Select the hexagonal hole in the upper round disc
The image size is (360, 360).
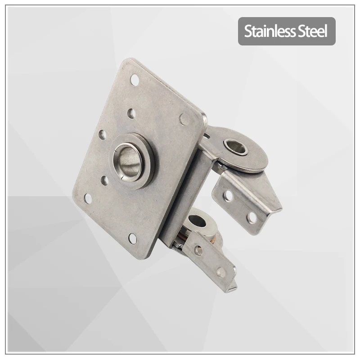tap(235, 146)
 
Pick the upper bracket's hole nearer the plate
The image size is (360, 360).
tap(229, 195)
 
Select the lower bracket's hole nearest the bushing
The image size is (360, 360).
tap(198, 250)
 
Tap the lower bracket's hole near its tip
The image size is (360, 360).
tap(220, 272)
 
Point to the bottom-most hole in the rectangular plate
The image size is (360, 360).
tap(133, 238)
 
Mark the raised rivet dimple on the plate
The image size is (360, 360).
tap(184, 119)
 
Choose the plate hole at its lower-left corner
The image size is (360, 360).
tap(88, 198)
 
